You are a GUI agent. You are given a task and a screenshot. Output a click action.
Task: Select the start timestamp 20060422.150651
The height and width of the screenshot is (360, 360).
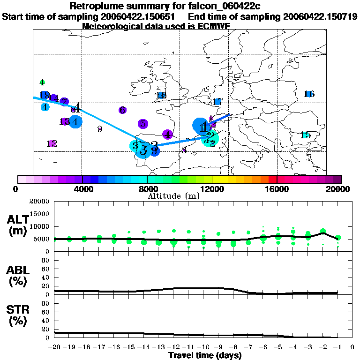coord(146,16)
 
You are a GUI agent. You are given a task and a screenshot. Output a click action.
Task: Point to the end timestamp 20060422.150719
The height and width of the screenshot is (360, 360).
coord(320,16)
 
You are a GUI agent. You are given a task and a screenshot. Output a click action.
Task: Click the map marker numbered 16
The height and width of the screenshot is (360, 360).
coord(309,94)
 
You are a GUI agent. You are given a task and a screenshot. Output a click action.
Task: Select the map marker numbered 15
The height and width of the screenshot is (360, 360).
coord(305,135)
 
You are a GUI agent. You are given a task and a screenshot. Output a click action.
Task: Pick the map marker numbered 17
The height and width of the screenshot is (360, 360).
coord(217,102)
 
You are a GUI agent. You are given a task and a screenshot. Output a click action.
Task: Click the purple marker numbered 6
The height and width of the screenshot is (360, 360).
coord(122,110)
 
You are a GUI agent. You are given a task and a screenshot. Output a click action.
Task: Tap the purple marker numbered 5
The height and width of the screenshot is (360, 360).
coord(143,124)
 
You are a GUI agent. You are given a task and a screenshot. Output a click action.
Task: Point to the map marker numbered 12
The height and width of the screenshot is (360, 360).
coord(52,143)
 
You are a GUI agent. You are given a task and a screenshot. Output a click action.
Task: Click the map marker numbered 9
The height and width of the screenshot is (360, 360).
coord(99,129)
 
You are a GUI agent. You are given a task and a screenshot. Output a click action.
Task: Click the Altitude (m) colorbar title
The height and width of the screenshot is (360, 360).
coord(173,195)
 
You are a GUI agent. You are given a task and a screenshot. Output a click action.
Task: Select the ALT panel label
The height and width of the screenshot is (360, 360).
coord(18,219)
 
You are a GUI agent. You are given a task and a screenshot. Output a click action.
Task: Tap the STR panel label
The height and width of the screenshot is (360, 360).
coord(18,309)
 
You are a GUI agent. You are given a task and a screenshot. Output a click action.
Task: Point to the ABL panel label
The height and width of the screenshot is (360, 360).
coord(18,270)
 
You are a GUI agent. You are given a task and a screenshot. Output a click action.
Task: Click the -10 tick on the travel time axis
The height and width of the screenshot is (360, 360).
coord(203,348)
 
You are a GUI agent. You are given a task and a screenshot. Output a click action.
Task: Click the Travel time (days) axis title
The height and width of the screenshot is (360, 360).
coord(204,355)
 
